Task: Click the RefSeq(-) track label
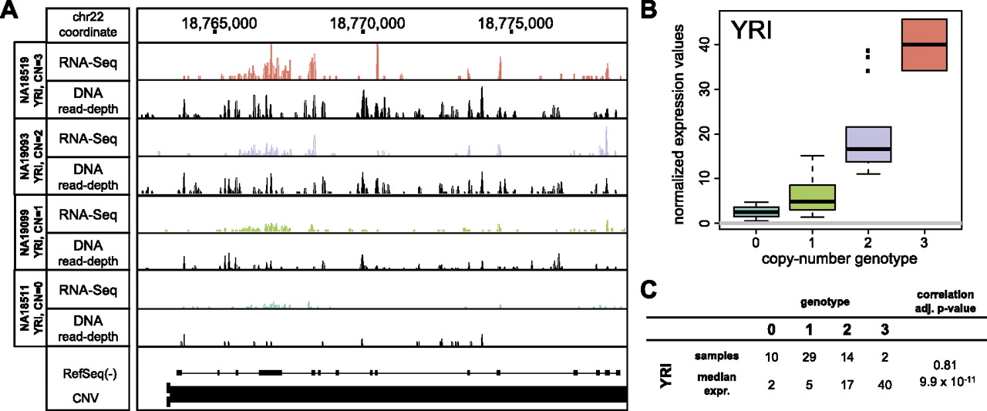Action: coord(92,372)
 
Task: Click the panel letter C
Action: coord(650,291)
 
